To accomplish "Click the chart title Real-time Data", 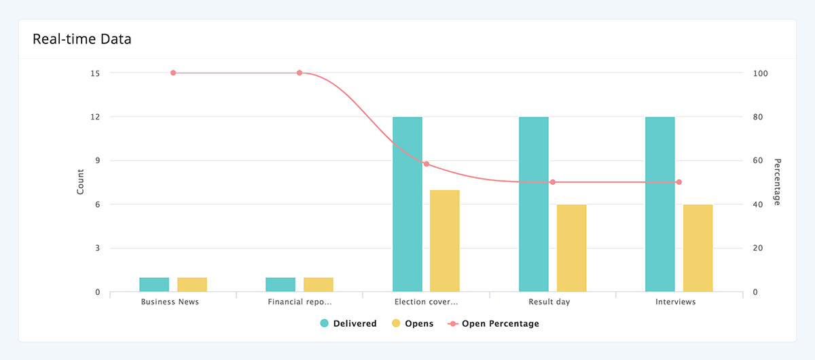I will point(82,39).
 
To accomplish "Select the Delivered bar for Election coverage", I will point(407,204).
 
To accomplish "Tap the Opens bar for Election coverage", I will point(445,241).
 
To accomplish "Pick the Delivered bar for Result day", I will point(534,204).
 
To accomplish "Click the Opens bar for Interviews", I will point(698,248).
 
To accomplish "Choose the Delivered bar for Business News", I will point(154,285).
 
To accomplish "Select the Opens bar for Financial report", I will point(319,285).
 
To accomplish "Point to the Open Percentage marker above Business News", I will point(173,73).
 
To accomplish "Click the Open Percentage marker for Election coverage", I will point(426,164).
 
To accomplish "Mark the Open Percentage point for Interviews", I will point(678,182).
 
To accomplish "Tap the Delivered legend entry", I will point(348,324).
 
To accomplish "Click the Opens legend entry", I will point(412,324).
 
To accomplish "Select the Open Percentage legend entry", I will point(493,324).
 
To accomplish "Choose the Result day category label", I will point(549,302).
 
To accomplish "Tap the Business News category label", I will point(170,302).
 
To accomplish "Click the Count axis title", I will point(80,182).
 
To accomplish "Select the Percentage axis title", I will point(778,182).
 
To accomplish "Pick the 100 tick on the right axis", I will point(761,73).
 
